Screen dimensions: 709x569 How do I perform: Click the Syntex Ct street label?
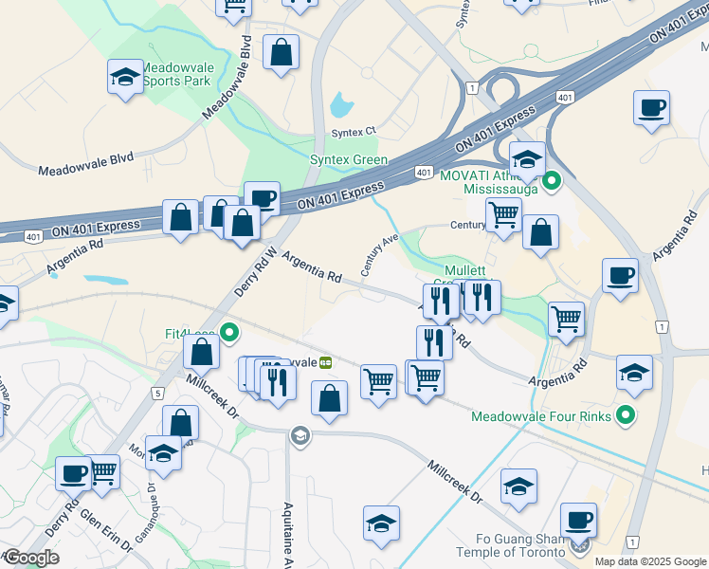[354, 132]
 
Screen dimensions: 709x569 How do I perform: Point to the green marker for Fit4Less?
[229, 333]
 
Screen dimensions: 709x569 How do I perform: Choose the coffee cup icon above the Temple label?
[578, 520]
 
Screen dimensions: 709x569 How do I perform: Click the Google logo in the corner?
[31, 558]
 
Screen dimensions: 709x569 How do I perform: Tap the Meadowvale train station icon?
[325, 362]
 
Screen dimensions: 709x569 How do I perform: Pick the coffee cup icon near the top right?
[651, 108]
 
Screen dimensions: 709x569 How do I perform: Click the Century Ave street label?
[380, 255]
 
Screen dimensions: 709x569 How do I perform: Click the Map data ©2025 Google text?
[651, 561]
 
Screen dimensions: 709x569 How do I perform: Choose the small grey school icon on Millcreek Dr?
[300, 435]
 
